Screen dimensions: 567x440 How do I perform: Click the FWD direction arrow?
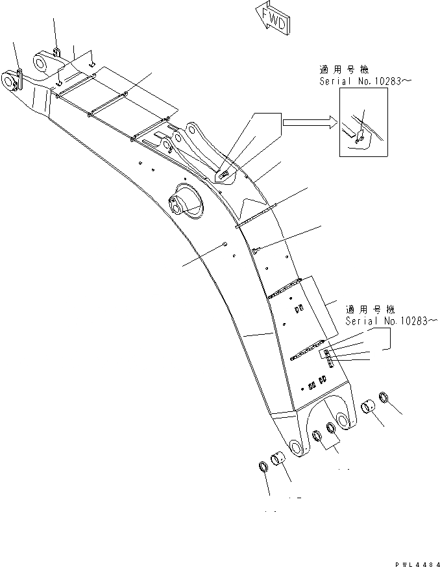tap(273, 18)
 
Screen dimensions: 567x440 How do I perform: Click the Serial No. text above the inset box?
tap(365, 81)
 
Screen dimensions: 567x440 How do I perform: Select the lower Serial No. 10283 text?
tap(387, 321)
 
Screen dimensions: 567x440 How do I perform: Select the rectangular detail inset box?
tap(363, 122)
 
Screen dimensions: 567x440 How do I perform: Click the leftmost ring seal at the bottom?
tap(264, 468)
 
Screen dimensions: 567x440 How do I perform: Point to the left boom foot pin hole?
tap(295, 448)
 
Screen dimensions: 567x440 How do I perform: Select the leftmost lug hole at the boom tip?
tap(8, 82)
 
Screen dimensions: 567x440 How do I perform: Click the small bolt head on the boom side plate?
tap(224, 244)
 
